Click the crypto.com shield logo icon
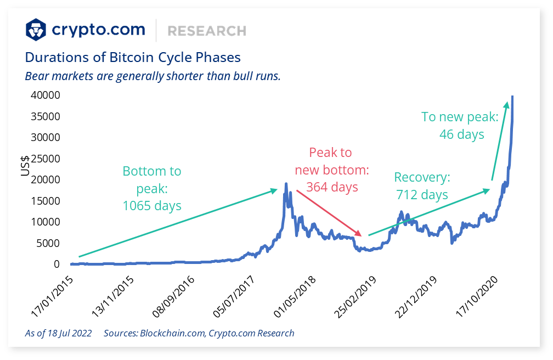point(37,30)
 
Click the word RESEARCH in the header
point(207,31)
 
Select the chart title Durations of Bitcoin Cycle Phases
point(133,57)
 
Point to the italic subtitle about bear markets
point(153,76)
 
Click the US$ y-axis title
point(25,165)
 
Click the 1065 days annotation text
point(151,206)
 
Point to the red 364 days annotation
point(331,187)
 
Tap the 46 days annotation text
point(461,134)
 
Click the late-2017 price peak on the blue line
point(286,184)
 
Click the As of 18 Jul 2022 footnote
point(58,333)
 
